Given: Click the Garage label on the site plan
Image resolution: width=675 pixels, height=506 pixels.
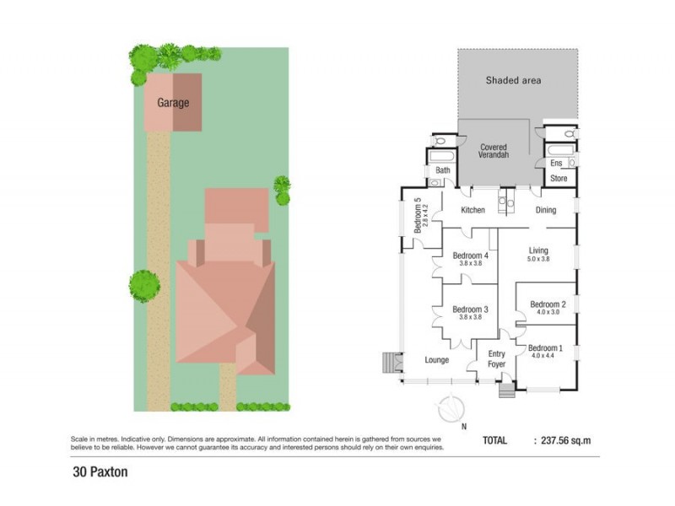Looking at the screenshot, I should (x=173, y=103).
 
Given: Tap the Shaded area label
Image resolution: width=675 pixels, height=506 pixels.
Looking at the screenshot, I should (x=513, y=81).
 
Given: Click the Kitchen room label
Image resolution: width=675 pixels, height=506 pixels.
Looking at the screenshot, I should (x=472, y=209).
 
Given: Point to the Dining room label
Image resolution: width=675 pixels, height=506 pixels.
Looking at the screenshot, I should (x=546, y=209).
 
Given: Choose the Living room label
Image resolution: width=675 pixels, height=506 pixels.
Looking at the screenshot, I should (x=539, y=250).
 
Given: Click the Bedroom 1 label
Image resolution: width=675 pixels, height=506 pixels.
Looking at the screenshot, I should (x=545, y=348).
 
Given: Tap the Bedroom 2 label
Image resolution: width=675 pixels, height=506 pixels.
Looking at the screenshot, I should (x=548, y=304).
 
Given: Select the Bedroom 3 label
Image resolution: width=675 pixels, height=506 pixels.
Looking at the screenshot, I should (x=471, y=310).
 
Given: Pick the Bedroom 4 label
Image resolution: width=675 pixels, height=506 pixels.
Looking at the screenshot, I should (x=470, y=256).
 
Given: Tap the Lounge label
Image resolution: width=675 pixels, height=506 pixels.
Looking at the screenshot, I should (x=436, y=360).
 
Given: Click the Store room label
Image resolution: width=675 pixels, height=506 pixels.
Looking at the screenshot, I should (x=559, y=179).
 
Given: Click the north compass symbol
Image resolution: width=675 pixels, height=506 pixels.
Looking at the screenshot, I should (x=452, y=410).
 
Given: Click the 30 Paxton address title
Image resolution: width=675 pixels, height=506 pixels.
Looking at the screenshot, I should (x=100, y=471).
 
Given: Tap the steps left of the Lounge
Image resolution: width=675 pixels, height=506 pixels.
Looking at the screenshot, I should (x=390, y=361).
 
